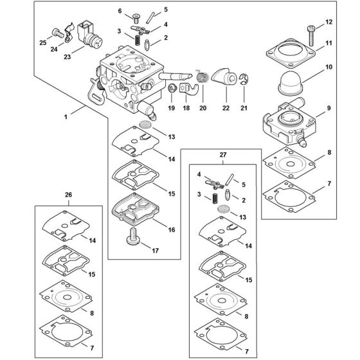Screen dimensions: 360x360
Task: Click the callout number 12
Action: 330,22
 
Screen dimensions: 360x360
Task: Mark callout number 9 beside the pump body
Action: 330,108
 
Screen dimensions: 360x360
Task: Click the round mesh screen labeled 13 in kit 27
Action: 221,210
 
